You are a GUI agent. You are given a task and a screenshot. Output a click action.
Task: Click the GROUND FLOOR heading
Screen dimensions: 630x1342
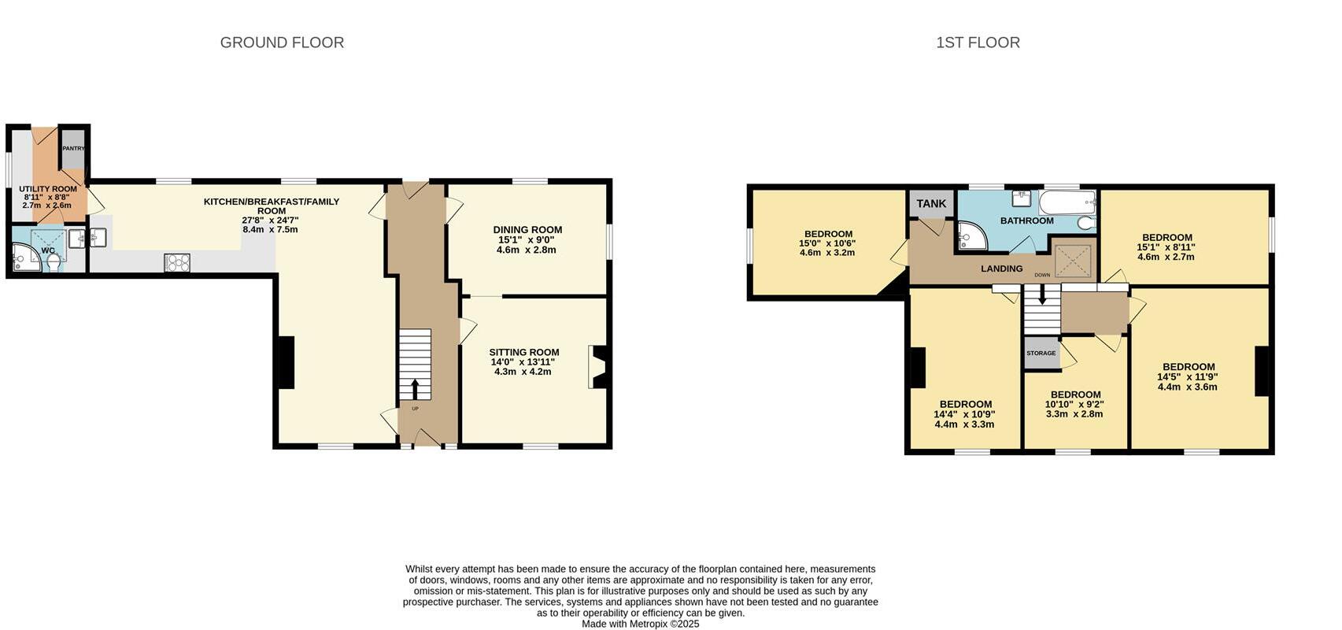(282, 43)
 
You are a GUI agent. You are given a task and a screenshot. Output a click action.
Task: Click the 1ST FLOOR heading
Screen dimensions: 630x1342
(978, 43)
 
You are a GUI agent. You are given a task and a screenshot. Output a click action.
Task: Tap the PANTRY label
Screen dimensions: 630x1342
(73, 148)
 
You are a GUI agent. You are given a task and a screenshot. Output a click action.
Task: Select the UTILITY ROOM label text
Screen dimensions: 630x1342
(48, 189)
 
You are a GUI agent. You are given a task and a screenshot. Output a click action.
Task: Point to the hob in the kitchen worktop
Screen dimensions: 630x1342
(177, 262)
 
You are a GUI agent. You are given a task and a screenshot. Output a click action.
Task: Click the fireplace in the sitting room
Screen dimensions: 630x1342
(597, 367)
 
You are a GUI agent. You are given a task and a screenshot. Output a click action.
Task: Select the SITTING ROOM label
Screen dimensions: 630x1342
(524, 352)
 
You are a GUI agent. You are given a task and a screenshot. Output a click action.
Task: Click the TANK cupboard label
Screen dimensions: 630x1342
(931, 204)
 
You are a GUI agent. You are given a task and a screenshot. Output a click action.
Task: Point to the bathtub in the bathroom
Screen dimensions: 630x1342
(1067, 202)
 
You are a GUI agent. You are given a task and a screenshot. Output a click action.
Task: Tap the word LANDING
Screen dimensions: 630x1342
(1001, 269)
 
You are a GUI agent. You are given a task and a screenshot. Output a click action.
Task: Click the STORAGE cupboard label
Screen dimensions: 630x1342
(1041, 354)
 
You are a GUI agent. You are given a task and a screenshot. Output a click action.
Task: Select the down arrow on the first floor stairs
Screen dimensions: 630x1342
(1042, 297)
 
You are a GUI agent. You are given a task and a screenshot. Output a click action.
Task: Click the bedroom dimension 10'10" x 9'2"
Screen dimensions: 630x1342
(1074, 404)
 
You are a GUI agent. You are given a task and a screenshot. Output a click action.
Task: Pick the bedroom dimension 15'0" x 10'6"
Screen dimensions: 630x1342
(827, 243)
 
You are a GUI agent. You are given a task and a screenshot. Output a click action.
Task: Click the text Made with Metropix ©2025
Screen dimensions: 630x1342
(640, 624)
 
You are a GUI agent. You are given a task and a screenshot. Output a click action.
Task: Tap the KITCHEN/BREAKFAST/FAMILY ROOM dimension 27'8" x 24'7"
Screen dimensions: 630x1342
(271, 220)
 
